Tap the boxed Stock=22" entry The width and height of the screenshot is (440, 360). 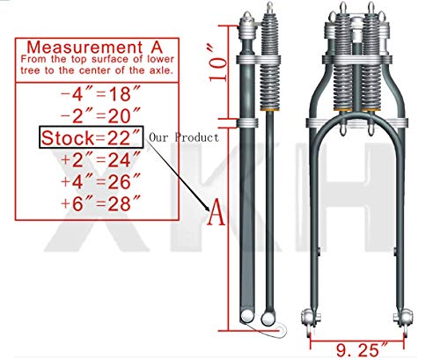87,139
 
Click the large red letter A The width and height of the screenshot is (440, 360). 211,212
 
